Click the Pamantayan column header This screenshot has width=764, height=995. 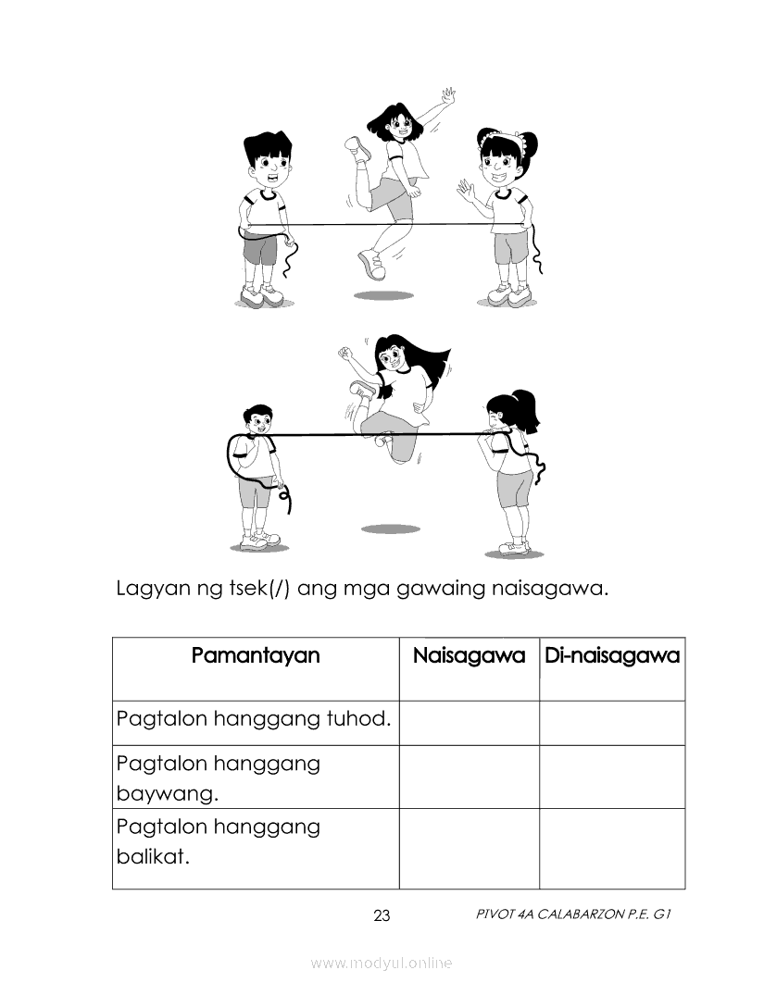[x=256, y=656]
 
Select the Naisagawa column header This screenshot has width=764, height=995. [x=469, y=656]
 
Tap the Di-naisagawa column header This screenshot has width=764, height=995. [x=612, y=656]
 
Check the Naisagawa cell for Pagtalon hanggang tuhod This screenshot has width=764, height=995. [x=469, y=723]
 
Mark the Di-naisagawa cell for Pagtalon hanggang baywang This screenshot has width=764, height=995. [x=612, y=777]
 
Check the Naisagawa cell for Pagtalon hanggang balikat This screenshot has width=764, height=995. [x=469, y=848]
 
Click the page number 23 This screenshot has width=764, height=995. [x=382, y=916]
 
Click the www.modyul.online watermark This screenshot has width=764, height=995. [x=382, y=963]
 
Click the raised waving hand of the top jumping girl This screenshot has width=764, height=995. [x=448, y=97]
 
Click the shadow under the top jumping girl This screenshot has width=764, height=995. [x=383, y=295]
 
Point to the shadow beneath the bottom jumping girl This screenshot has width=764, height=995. [x=390, y=529]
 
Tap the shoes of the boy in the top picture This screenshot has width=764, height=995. [x=263, y=295]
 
